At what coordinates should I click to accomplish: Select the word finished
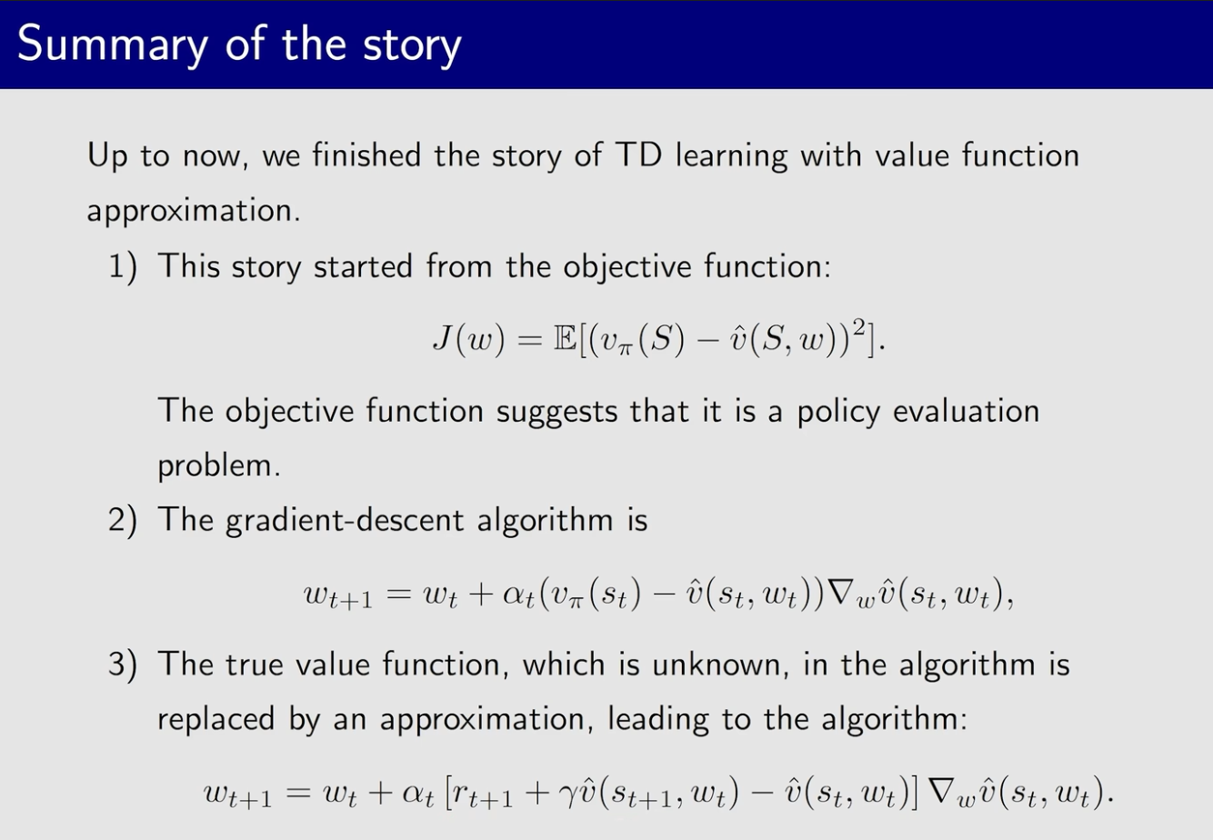[366, 155]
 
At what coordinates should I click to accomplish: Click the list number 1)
[123, 267]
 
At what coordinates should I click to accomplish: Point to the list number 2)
[123, 520]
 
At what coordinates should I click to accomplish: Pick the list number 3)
[123, 665]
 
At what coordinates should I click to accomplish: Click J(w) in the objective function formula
[469, 339]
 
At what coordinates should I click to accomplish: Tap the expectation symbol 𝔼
[566, 339]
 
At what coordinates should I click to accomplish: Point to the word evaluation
[966, 411]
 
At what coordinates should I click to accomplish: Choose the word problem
[219, 466]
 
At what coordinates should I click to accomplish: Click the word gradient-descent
[345, 521]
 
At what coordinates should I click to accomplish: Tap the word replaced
[216, 720]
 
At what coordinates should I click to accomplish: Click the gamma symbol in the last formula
[571, 795]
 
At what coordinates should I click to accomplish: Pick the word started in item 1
[364, 267]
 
